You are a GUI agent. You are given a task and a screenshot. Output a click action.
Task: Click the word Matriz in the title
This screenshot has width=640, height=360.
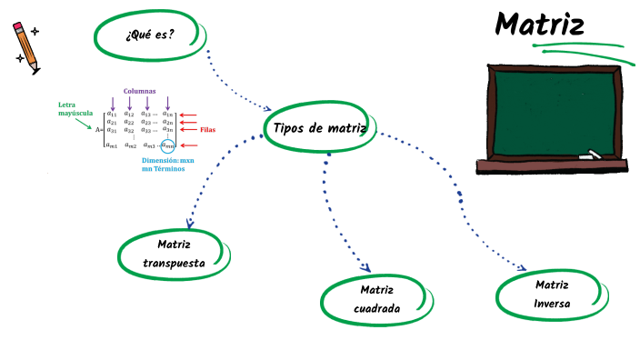point(539,25)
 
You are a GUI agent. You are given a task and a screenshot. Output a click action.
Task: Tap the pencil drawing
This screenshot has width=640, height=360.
point(25,46)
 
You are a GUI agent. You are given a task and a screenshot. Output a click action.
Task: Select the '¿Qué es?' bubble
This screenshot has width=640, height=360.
point(150,35)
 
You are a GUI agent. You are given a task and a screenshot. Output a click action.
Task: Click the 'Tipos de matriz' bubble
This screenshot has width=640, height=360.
point(319,128)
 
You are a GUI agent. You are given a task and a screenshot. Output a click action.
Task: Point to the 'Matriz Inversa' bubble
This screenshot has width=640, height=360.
point(552,294)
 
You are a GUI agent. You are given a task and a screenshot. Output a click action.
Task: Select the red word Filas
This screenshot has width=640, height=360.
point(208,130)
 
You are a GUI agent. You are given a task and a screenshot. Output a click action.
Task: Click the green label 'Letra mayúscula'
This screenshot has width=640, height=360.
point(75,109)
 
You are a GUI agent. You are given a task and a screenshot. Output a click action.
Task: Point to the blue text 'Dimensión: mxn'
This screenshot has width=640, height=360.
point(168,160)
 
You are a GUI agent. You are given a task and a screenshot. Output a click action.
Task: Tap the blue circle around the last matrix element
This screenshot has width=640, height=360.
point(167,145)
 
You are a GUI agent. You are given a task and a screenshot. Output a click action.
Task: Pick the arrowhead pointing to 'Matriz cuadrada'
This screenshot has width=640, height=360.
point(365,268)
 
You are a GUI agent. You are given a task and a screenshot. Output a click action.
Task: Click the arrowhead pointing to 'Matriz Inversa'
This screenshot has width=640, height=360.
point(522,268)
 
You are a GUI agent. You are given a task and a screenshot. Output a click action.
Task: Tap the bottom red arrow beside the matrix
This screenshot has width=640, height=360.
point(188,145)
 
